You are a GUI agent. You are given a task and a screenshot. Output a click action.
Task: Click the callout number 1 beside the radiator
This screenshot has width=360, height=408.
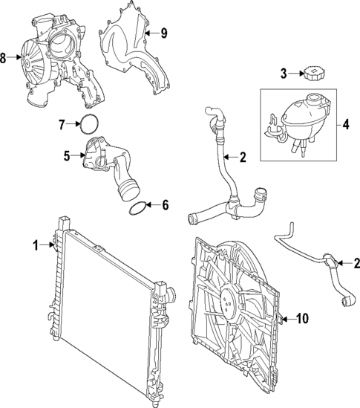(x=35, y=245)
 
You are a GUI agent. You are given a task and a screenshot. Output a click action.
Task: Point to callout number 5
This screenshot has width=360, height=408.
(x=66, y=156)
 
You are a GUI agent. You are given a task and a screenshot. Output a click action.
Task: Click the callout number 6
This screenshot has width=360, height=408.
(x=166, y=204)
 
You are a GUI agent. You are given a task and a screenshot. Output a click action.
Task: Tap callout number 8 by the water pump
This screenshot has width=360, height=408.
(x=5, y=57)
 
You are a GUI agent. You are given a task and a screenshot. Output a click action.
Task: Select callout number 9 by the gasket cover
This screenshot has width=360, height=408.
(x=165, y=32)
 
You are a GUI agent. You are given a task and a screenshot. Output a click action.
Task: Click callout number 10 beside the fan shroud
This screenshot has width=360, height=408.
(x=302, y=319)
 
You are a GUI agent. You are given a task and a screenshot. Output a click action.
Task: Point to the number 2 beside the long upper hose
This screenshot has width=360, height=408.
(x=243, y=157)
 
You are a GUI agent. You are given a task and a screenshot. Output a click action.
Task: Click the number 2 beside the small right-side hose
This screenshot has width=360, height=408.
(x=357, y=262)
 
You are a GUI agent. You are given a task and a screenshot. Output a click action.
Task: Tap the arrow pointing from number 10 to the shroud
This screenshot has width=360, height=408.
(x=286, y=319)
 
